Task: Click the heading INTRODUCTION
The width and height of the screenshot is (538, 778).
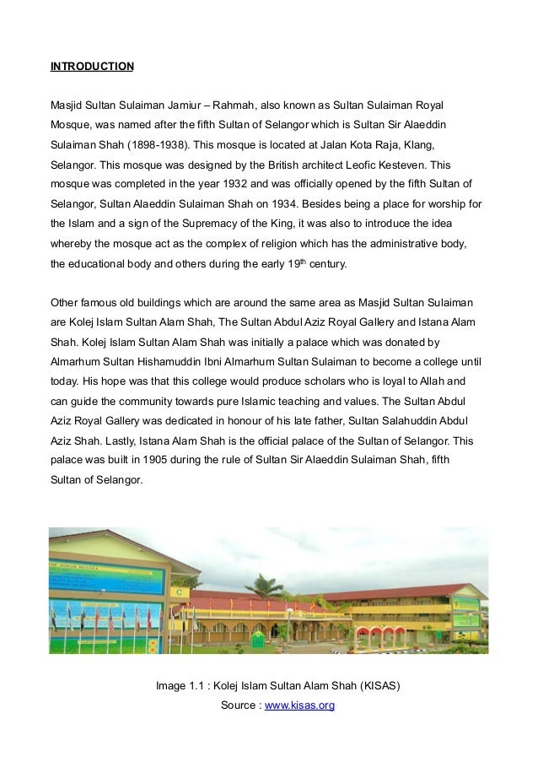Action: tap(92, 66)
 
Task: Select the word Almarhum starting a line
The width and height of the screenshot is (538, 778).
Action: tap(77, 361)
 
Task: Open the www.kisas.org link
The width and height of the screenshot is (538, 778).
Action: tap(299, 705)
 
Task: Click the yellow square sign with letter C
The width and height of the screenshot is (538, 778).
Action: tap(180, 592)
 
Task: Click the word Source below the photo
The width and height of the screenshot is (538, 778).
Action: tap(239, 705)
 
